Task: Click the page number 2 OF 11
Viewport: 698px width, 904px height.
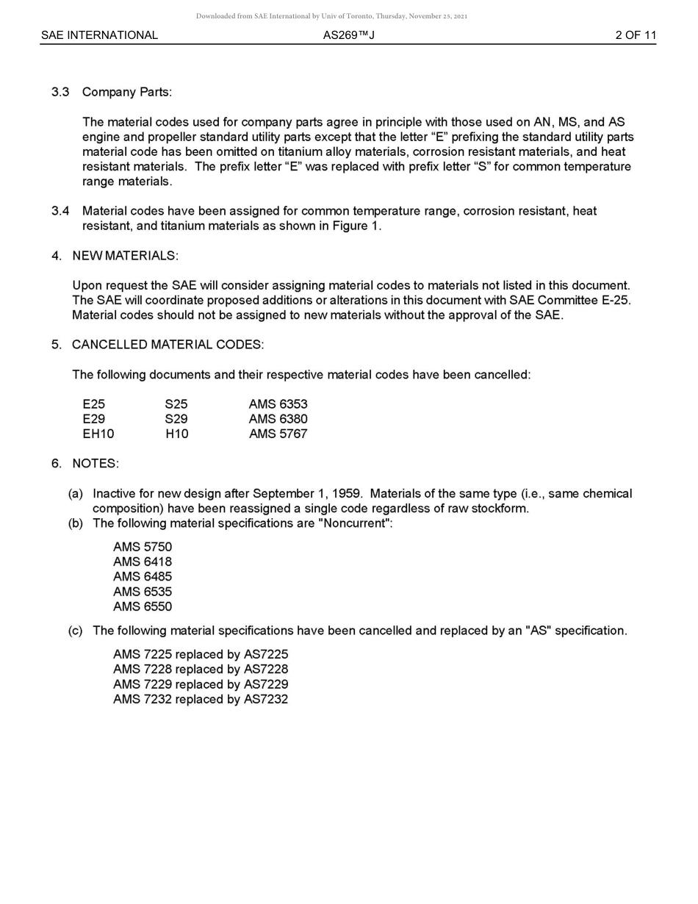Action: click(635, 35)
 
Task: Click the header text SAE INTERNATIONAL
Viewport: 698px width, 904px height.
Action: click(99, 35)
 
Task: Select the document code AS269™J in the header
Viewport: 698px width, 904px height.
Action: click(348, 35)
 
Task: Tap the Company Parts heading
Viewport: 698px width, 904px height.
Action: click(126, 92)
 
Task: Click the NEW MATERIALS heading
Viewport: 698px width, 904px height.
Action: click(125, 256)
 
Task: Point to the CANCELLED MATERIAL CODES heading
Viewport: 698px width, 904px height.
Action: click(168, 345)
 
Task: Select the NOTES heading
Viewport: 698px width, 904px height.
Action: click(95, 464)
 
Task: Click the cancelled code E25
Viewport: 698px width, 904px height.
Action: click(94, 404)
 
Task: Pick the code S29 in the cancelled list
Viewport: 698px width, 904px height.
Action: click(176, 419)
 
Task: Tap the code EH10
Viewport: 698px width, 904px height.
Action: click(98, 434)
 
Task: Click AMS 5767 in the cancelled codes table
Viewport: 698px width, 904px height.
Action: click(278, 434)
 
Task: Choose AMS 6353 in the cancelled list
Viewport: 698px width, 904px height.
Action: click(278, 404)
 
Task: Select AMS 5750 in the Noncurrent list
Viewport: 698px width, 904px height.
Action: click(143, 547)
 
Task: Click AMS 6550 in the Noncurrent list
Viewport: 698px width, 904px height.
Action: click(143, 607)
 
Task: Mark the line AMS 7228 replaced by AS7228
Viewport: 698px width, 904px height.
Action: click(201, 670)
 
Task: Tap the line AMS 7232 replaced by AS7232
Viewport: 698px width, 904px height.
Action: click(201, 700)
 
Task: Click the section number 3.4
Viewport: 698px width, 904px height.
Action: click(60, 212)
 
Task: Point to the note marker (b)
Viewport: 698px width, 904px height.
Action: click(76, 523)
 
